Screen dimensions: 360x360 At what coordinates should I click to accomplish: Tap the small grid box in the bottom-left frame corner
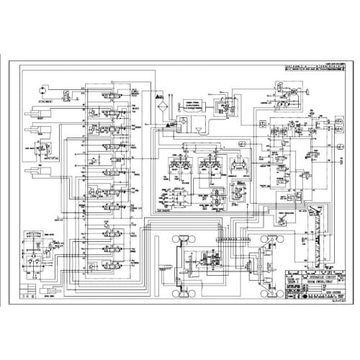click(28, 295)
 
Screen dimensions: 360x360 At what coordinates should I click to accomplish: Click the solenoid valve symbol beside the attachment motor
click(67, 96)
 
